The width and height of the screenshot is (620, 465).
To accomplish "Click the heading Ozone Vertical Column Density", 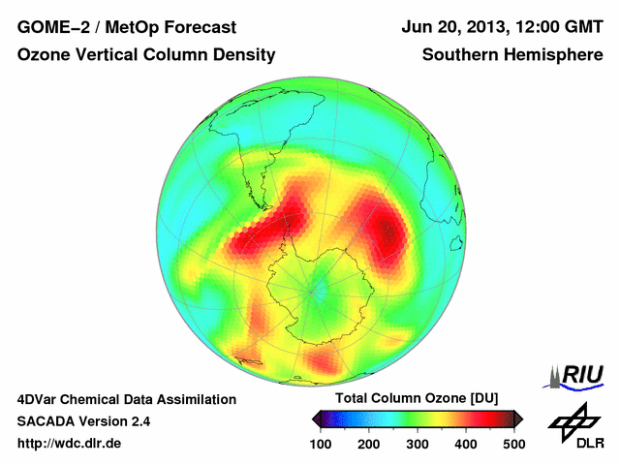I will click(x=146, y=55).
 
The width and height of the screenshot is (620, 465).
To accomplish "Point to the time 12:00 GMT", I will click(x=555, y=26).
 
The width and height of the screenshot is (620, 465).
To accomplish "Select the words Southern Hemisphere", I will click(x=512, y=55).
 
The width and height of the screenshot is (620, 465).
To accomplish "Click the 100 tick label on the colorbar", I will click(x=321, y=444).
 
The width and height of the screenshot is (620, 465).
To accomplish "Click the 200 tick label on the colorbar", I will click(x=369, y=444).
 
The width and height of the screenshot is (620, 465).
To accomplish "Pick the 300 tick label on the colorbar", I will click(x=418, y=444).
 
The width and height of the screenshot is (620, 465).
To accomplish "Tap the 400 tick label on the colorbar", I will click(x=466, y=444).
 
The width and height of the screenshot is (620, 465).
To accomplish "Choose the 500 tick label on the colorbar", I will click(x=513, y=444).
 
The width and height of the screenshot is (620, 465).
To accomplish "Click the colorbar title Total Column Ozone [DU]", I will click(x=417, y=399).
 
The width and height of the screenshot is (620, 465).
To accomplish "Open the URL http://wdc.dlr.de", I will click(x=70, y=444).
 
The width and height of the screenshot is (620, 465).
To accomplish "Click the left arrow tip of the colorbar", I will click(x=315, y=419).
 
